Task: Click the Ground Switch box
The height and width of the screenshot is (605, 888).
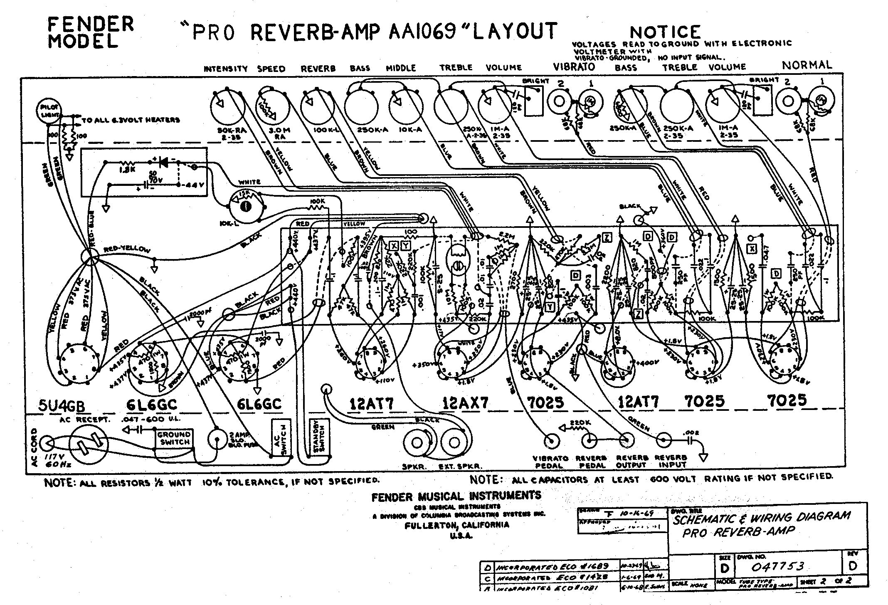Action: pyautogui.click(x=175, y=438)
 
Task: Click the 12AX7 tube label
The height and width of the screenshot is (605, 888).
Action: pyautogui.click(x=465, y=403)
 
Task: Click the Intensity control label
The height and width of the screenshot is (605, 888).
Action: pyautogui.click(x=225, y=69)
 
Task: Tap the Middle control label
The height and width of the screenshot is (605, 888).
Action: pyautogui.click(x=401, y=68)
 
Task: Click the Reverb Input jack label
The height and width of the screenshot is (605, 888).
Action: pyautogui.click(x=671, y=461)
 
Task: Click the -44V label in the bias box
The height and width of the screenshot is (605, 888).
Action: pyautogui.click(x=192, y=185)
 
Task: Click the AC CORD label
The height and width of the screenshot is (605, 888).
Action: pyautogui.click(x=35, y=447)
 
